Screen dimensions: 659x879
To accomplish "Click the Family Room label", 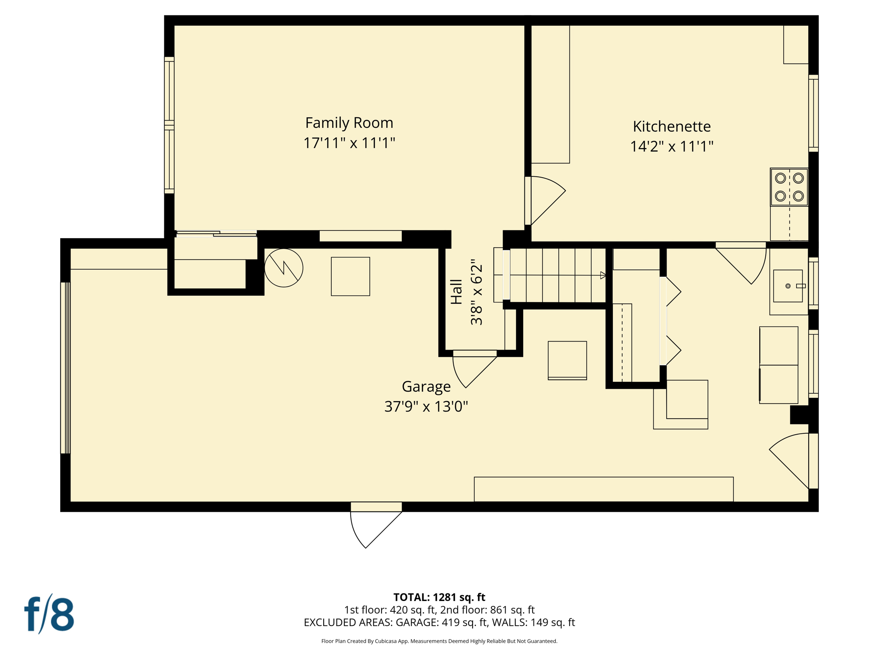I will [x=349, y=123].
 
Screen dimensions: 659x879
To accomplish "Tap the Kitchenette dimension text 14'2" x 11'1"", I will [x=671, y=146].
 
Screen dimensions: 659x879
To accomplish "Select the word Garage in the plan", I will [x=426, y=387].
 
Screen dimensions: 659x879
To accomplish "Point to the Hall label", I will [x=456, y=292].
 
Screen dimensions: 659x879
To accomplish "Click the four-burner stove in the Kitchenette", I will [x=789, y=187].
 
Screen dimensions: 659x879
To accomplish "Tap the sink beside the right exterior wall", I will [x=788, y=286].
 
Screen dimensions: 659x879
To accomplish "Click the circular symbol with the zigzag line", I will [x=284, y=268].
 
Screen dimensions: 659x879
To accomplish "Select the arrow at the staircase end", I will [x=603, y=275].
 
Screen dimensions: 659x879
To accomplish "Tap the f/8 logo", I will [x=49, y=614].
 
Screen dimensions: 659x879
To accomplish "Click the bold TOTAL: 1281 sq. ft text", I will [x=439, y=597].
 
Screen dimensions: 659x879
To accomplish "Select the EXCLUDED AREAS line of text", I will [x=439, y=622].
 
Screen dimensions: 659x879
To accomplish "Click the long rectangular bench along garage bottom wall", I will [x=603, y=489].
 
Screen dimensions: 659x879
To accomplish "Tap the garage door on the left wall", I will [x=65, y=368].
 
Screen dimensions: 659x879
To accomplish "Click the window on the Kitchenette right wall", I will [x=813, y=113].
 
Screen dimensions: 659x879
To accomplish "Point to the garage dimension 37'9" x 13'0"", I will [x=426, y=406].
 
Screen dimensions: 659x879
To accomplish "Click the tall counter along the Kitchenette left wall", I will [x=550, y=94].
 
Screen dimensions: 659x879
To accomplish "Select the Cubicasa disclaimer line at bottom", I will [x=439, y=641].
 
